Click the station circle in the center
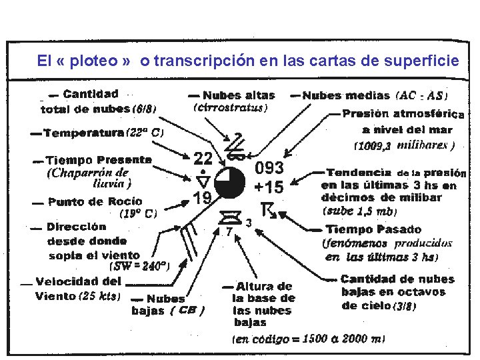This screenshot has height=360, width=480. [231, 182]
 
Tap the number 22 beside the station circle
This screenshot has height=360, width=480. [203, 158]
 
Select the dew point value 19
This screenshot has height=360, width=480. [203, 197]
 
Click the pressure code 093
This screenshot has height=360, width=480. [269, 168]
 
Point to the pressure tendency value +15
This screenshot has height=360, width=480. [269, 187]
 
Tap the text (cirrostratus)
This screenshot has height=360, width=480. [230, 107]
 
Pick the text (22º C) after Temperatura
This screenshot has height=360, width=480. [145, 133]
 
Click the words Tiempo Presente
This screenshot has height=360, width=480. [98, 160]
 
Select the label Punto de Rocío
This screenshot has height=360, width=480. [95, 201]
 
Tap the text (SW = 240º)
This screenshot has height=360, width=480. [139, 265]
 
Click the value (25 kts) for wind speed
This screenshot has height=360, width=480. [100, 295]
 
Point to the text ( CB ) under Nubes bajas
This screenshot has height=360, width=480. [187, 310]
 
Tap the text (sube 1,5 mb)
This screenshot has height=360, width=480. [360, 211]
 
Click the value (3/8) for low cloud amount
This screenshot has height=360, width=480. [405, 306]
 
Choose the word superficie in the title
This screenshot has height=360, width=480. [429, 61]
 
